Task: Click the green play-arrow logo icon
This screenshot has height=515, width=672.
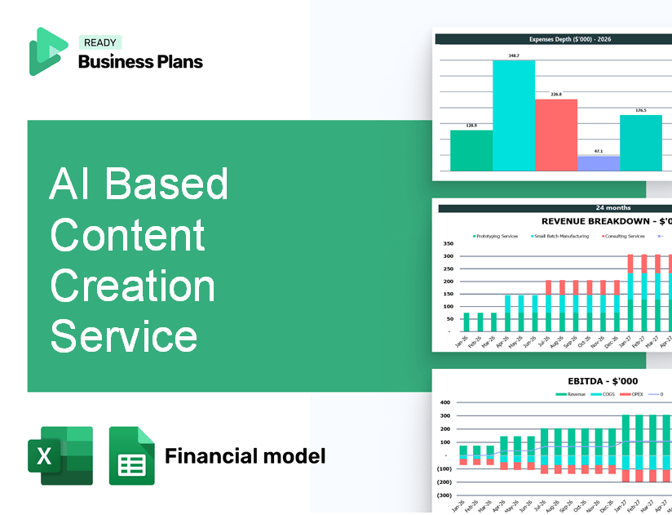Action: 47,51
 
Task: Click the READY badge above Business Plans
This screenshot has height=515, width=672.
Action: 100,42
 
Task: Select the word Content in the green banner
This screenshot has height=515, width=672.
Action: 127,235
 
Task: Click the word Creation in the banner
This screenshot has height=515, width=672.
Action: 132,286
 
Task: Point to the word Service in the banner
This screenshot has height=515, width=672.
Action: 123,335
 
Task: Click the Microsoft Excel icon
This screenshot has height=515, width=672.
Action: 60,455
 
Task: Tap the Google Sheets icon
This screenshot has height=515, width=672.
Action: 132,455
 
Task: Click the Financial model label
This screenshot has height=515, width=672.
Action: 245,455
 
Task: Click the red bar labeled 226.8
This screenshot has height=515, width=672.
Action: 556,135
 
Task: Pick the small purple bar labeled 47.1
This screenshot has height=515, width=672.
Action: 599,163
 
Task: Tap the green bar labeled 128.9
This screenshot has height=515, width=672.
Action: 471,150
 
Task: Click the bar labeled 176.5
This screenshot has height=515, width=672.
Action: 641,143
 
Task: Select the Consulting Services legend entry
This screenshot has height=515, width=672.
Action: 625,236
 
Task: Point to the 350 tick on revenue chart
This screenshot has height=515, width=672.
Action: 448,243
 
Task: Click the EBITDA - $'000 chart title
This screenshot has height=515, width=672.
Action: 603,380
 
